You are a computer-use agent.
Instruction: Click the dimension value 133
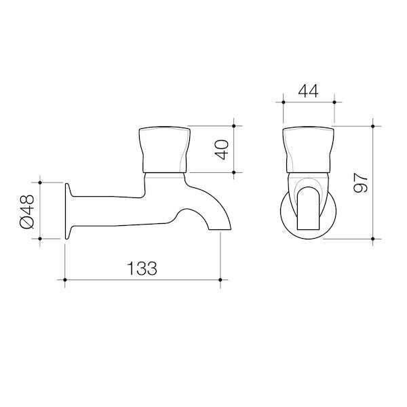[x=142, y=268]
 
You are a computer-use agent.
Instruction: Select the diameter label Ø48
[x=26, y=212]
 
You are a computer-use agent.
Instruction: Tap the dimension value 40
[x=222, y=149]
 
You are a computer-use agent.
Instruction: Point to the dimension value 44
[x=308, y=91]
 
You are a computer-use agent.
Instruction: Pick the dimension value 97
[x=361, y=182]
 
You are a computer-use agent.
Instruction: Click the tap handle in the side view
[x=165, y=149]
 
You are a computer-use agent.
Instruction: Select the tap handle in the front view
[x=308, y=150]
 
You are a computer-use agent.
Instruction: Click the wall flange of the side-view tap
[x=67, y=211]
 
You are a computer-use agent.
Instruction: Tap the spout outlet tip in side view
[x=220, y=229]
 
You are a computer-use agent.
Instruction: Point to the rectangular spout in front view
[x=308, y=208]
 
